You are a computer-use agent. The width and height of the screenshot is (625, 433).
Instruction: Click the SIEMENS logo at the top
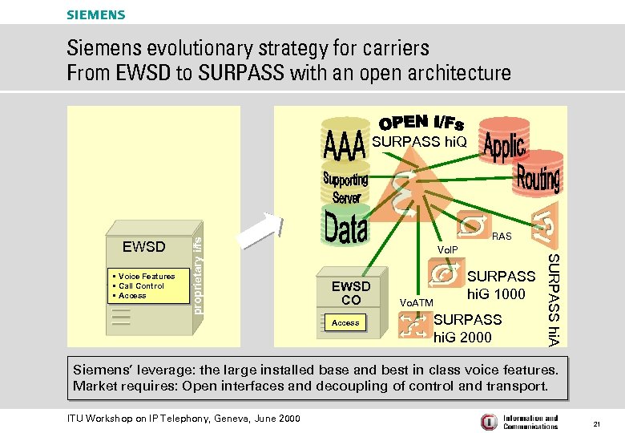95,14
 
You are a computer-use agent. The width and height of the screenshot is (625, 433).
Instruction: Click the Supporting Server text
345,186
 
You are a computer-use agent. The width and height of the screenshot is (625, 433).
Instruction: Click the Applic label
504,148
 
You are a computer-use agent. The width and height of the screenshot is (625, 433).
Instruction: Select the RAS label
502,237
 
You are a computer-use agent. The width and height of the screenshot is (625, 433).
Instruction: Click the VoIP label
448,249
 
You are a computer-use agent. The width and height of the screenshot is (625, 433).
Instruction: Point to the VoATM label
416,302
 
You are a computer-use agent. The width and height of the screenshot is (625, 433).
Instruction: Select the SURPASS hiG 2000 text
467,328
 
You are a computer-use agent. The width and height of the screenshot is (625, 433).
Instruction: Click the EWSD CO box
351,293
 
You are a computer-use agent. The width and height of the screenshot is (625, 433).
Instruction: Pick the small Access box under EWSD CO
345,322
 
